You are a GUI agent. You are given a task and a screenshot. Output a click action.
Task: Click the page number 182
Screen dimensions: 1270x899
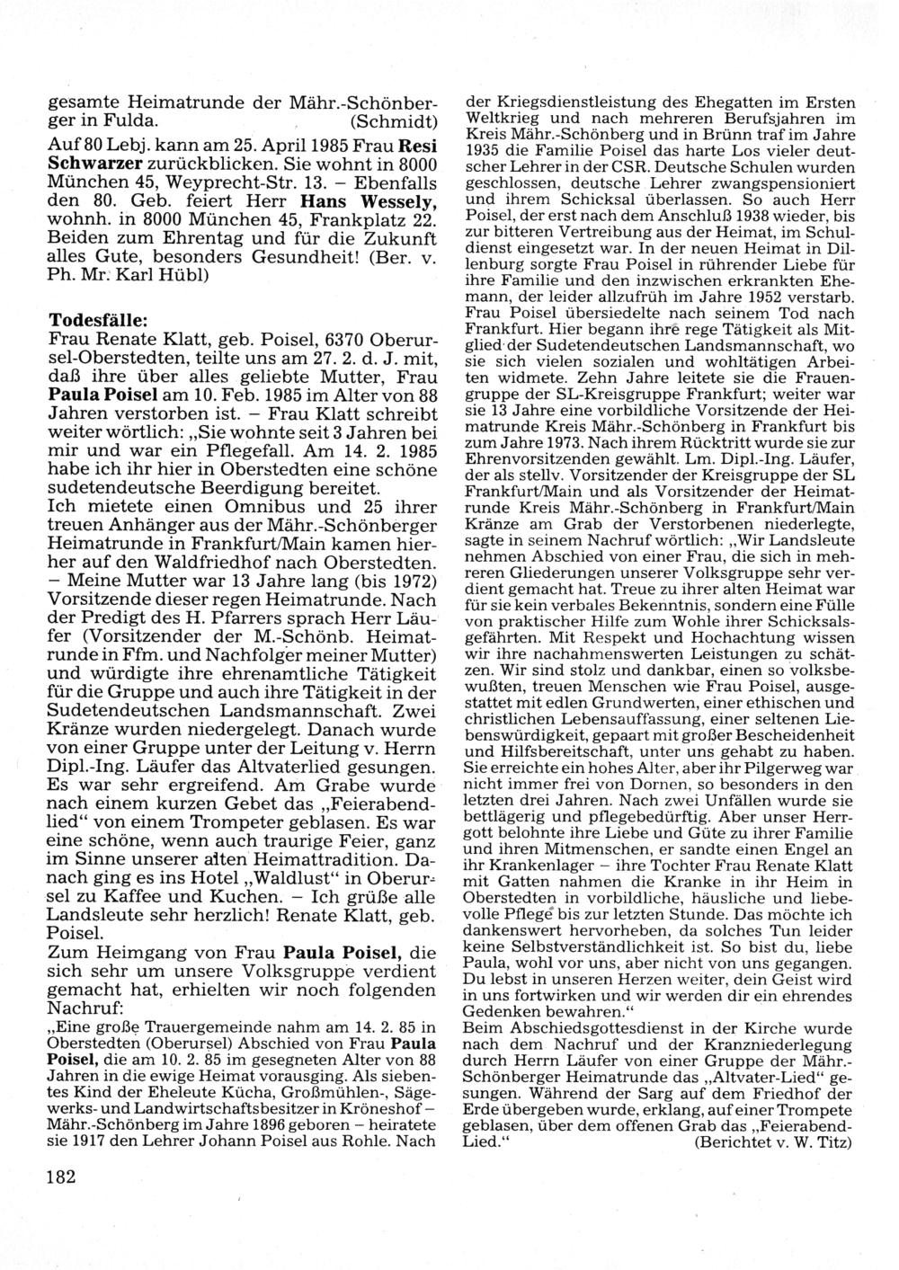pyautogui.click(x=62, y=1177)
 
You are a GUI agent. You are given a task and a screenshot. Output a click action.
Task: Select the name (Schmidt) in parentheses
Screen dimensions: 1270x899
pyautogui.click(x=393, y=120)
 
